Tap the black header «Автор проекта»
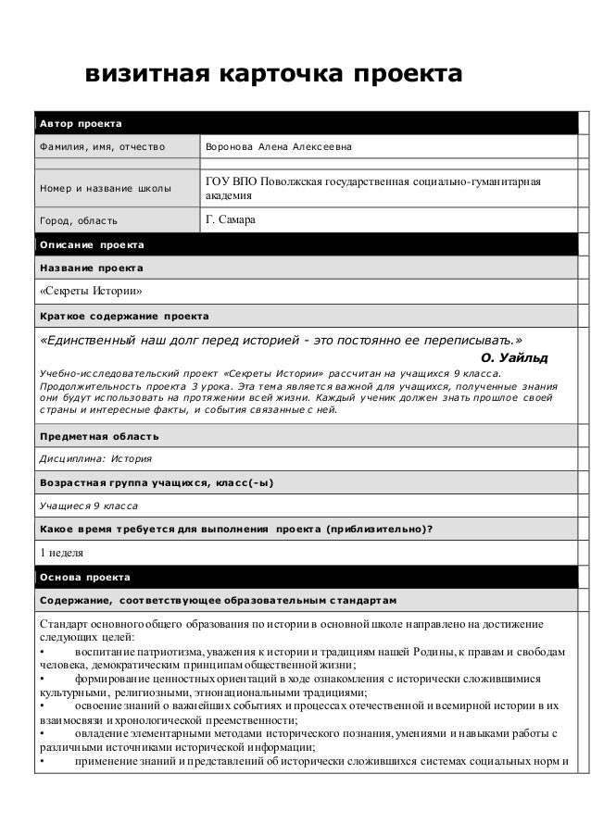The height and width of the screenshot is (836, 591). [78, 123]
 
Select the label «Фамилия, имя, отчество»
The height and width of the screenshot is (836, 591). [101, 146]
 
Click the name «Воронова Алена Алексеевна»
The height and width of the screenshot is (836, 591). [278, 146]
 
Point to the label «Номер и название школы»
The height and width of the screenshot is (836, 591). [104, 189]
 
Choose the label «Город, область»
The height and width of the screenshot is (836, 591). [78, 221]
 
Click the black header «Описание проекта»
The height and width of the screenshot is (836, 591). [90, 244]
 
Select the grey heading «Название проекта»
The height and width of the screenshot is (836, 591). [90, 268]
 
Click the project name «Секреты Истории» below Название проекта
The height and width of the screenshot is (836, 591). [90, 292]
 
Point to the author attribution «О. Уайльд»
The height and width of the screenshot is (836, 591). [515, 356]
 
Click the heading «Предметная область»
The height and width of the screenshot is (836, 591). [97, 435]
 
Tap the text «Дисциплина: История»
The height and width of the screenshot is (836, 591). [94, 458]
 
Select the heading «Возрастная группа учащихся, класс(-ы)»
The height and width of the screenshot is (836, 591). [156, 482]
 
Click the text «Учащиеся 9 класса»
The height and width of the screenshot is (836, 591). [88, 506]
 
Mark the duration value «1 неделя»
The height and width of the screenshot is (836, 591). [60, 554]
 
